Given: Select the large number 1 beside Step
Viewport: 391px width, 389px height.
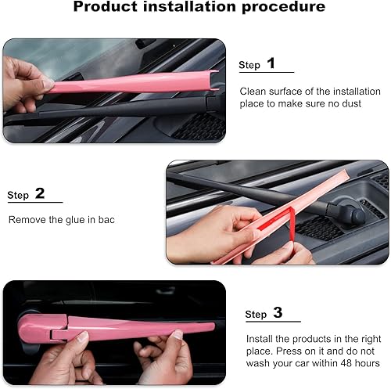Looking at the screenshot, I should point(271,63).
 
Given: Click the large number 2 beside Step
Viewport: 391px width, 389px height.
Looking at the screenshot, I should point(40,193).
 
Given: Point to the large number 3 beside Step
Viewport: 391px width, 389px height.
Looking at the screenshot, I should point(278,313).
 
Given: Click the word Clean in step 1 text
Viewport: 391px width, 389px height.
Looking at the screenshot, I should point(253,91).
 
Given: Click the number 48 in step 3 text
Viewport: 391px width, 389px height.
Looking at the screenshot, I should point(335,363).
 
